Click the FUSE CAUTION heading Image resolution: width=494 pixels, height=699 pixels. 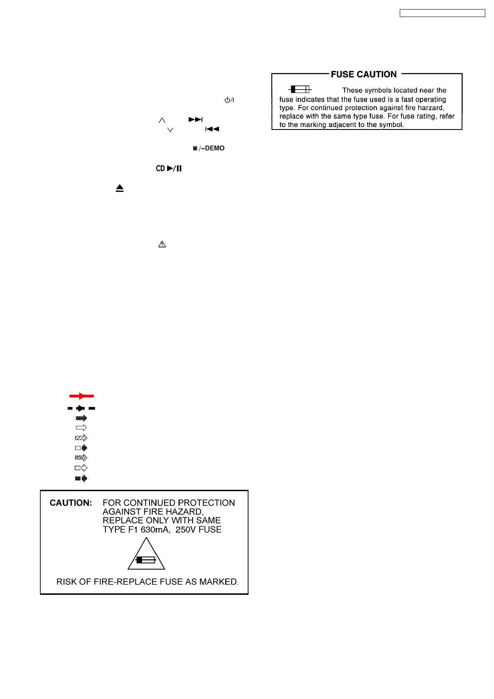(x=364, y=74)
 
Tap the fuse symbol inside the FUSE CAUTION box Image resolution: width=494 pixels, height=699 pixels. (x=300, y=89)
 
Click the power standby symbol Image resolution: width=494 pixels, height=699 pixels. (x=229, y=100)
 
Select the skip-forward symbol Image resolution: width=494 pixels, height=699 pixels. (x=196, y=120)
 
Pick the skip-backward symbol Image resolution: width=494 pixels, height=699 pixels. (x=212, y=129)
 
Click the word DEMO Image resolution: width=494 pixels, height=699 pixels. (x=215, y=148)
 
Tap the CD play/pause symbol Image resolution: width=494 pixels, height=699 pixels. (x=169, y=169)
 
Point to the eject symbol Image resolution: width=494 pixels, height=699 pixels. (x=120, y=188)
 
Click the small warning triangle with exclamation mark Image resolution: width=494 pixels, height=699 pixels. (x=162, y=244)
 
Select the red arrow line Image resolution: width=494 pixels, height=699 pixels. (x=81, y=396)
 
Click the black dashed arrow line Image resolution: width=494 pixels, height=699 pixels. (x=81, y=408)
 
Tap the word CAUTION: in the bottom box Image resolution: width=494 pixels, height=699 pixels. (x=71, y=503)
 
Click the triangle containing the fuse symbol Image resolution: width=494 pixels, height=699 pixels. (x=146, y=556)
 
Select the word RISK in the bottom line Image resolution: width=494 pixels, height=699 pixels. (x=66, y=582)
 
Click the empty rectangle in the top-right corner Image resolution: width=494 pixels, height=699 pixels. (x=442, y=13)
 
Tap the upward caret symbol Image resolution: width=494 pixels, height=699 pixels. (x=162, y=120)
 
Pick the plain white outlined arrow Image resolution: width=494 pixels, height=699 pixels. (x=81, y=428)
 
